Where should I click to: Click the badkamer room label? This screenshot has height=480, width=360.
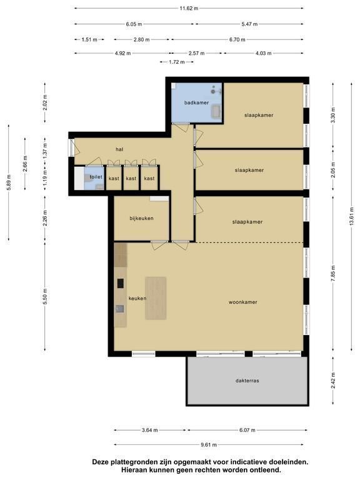tap(196, 102)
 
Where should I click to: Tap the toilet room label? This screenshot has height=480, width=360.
tap(96, 177)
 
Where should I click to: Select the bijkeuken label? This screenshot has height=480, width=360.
tap(141, 218)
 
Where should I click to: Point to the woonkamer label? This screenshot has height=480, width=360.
tap(242, 302)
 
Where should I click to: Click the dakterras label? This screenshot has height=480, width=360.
tap(247, 381)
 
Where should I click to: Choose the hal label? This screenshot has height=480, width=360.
tap(119, 149)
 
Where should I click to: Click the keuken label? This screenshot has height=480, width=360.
tap(137, 298)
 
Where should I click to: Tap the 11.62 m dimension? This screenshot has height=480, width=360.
tap(189, 8)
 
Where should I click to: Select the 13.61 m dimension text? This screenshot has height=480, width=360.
tap(351, 216)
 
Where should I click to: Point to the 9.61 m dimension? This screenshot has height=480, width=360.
tap(209, 445)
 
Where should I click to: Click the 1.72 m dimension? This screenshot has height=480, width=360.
tap(177, 62)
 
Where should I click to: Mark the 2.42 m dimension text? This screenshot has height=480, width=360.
tap(333, 381)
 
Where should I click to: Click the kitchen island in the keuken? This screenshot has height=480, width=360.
tap(156, 298)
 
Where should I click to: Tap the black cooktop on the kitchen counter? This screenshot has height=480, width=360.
tap(121, 284)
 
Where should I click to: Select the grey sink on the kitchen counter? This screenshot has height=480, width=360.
tap(120, 309)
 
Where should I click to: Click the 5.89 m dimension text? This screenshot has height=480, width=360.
tap(9, 182)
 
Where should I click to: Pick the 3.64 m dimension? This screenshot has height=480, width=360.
tap(150, 430)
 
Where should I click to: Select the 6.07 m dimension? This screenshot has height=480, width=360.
tap(247, 430)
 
